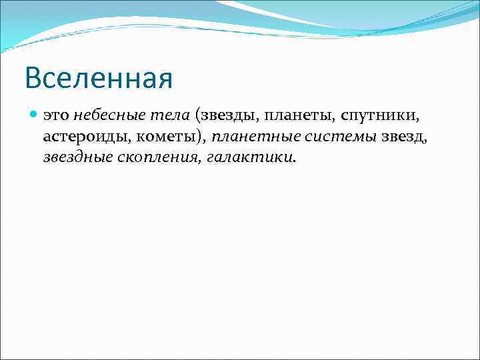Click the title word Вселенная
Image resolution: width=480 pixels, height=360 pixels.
[x=99, y=78]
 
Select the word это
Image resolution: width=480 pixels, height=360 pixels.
[x=57, y=116]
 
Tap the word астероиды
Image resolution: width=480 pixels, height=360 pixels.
[x=83, y=137]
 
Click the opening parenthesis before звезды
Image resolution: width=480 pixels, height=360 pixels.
[x=198, y=116]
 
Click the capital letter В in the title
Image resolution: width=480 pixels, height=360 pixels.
[x=33, y=78]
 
